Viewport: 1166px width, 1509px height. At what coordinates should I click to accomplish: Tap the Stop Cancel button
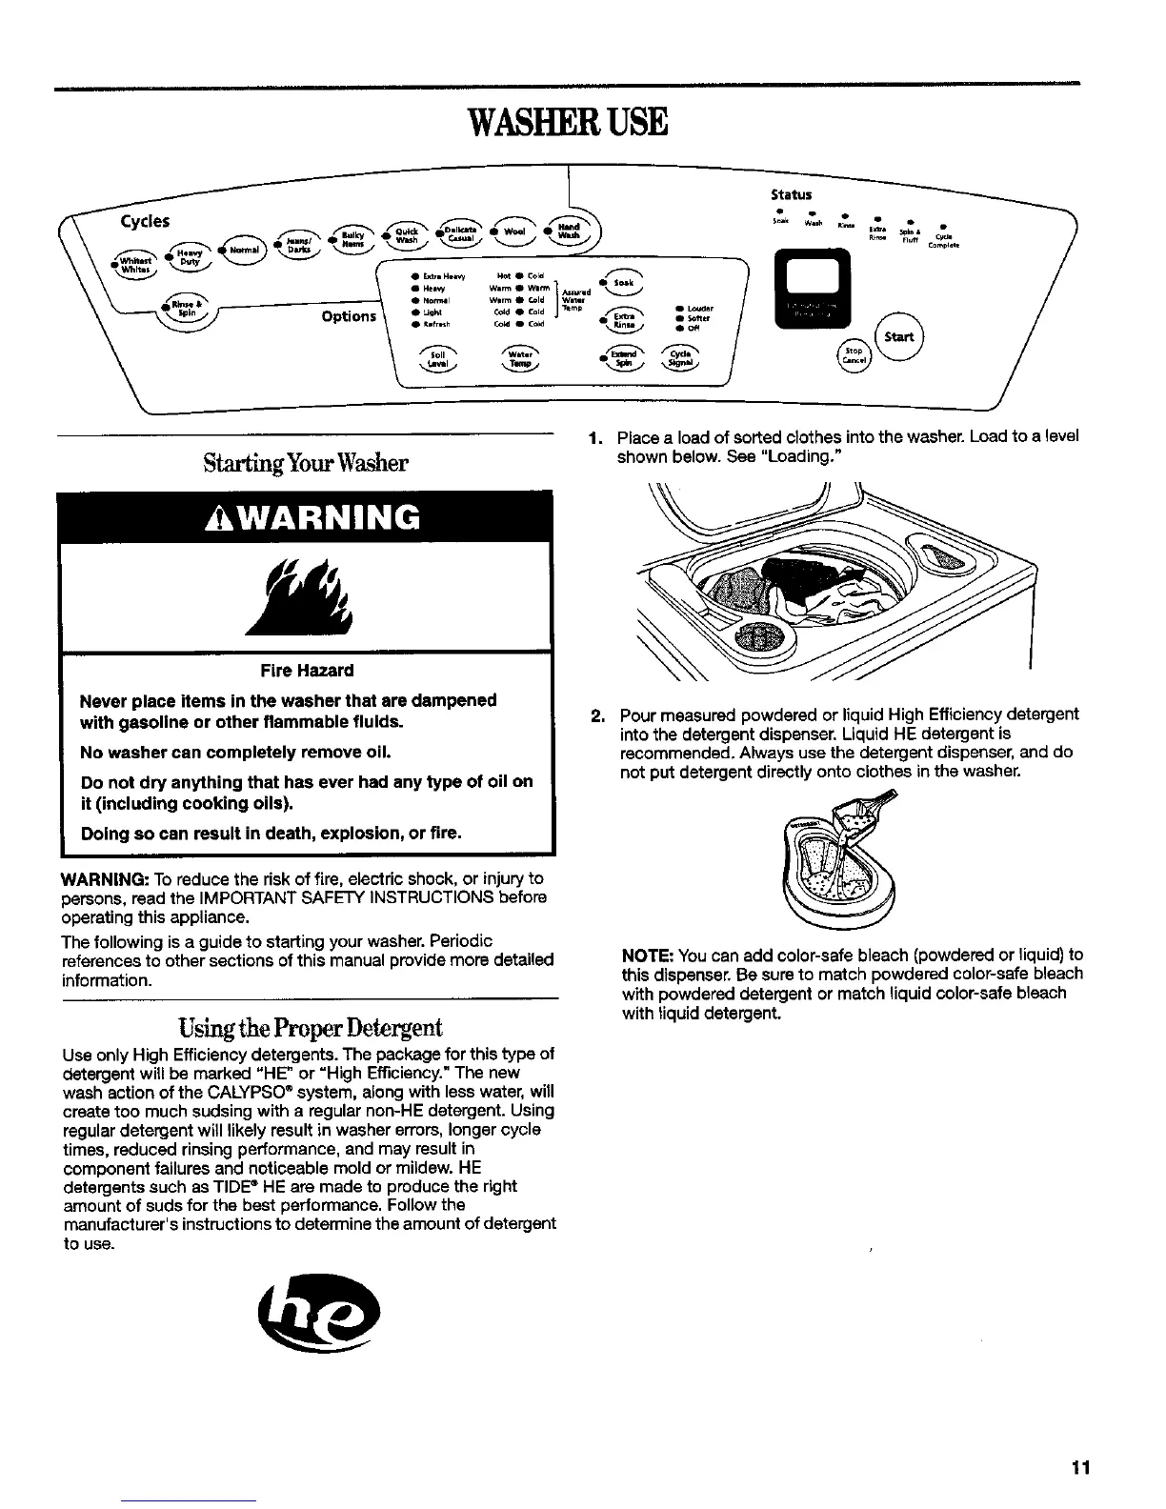pos(852,354)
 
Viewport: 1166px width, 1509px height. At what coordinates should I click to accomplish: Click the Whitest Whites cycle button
pos(134,262)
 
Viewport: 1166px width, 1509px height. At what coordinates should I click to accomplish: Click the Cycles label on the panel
pos(145,221)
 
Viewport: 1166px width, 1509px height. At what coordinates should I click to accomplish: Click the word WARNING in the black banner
pos(307,517)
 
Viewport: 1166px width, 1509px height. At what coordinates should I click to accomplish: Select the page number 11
pos(1079,1467)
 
